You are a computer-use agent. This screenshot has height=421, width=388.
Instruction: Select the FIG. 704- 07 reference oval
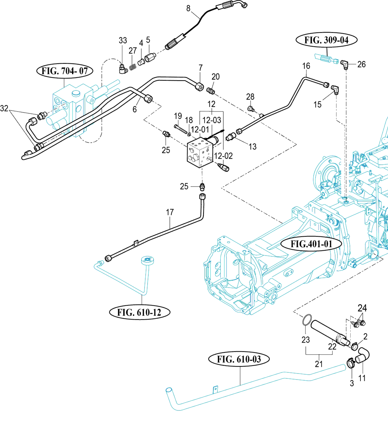point(65,70)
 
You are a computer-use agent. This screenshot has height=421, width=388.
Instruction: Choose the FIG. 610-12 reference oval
point(139,312)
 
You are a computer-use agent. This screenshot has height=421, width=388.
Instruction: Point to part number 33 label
point(123,40)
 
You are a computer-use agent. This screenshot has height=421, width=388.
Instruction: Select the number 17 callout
point(169,213)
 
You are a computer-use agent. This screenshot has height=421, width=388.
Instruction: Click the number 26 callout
point(361,64)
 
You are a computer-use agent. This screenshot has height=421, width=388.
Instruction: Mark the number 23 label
point(305,340)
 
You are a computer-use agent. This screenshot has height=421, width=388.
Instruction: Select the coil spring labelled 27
point(132,67)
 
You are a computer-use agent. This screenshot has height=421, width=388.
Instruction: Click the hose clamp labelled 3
point(351,363)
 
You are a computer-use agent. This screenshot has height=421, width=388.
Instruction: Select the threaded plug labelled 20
point(212,90)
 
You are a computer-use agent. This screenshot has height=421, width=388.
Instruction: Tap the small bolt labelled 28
point(250,109)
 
